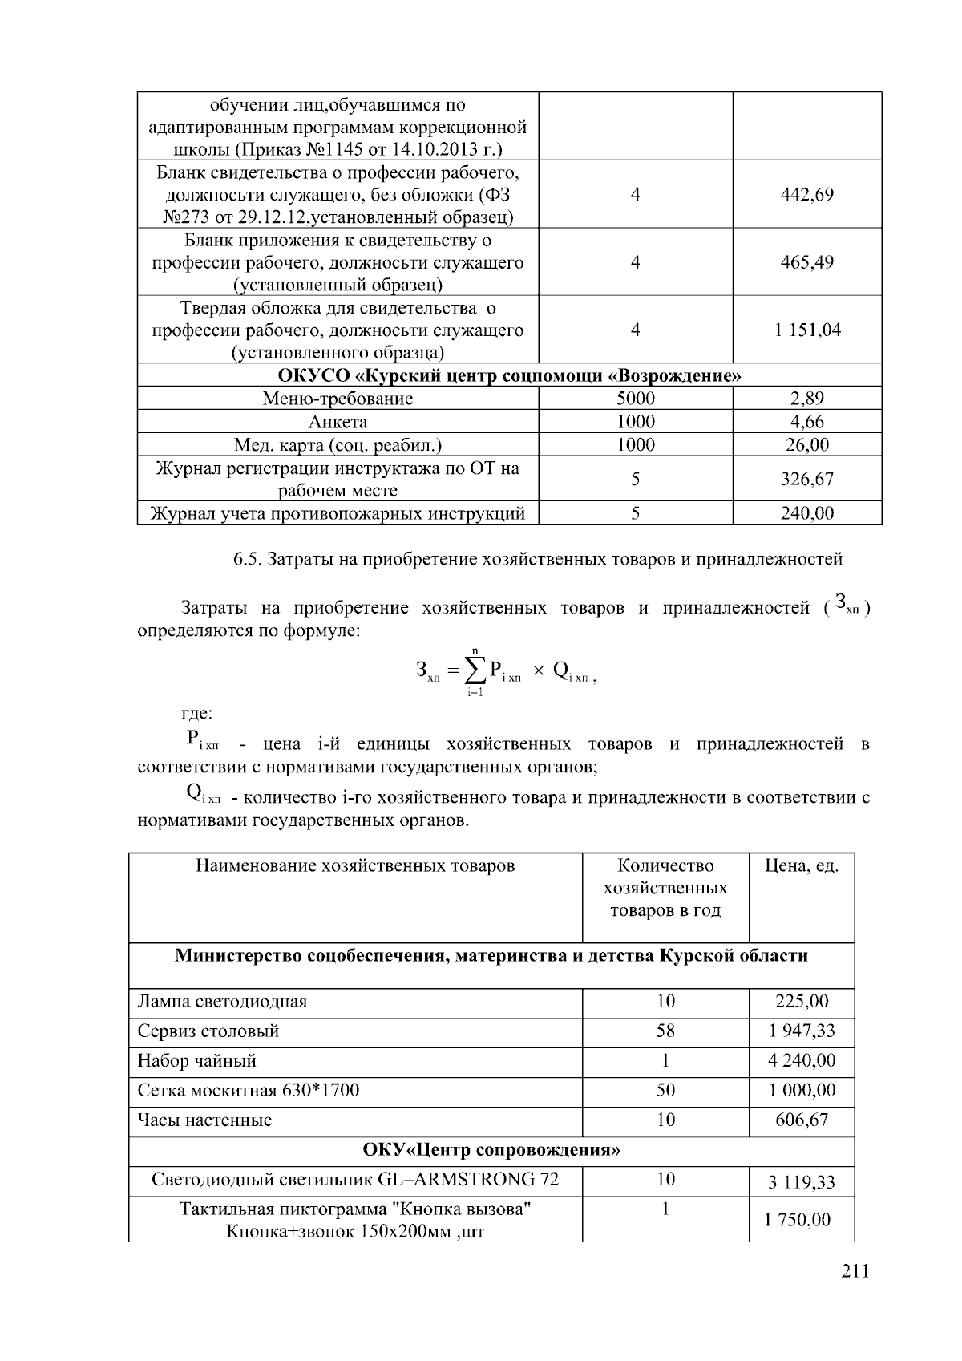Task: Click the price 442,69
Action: click(806, 194)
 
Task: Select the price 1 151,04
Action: click(806, 330)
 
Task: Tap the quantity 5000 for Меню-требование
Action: click(635, 399)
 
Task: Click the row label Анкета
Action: click(338, 422)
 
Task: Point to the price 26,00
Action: click(806, 444)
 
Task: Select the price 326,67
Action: click(806, 479)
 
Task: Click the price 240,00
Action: click(806, 513)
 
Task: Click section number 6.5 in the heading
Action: click(245, 559)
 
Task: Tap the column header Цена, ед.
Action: click(802, 865)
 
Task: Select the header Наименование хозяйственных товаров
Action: click(355, 865)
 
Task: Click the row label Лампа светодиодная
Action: click(222, 1002)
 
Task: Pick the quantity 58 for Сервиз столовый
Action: click(665, 1031)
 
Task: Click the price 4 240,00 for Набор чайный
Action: click(802, 1061)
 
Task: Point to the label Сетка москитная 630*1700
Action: click(249, 1091)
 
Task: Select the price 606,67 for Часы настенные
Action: click(802, 1120)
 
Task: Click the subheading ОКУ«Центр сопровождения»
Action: click(491, 1151)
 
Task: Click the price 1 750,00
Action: click(802, 1220)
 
